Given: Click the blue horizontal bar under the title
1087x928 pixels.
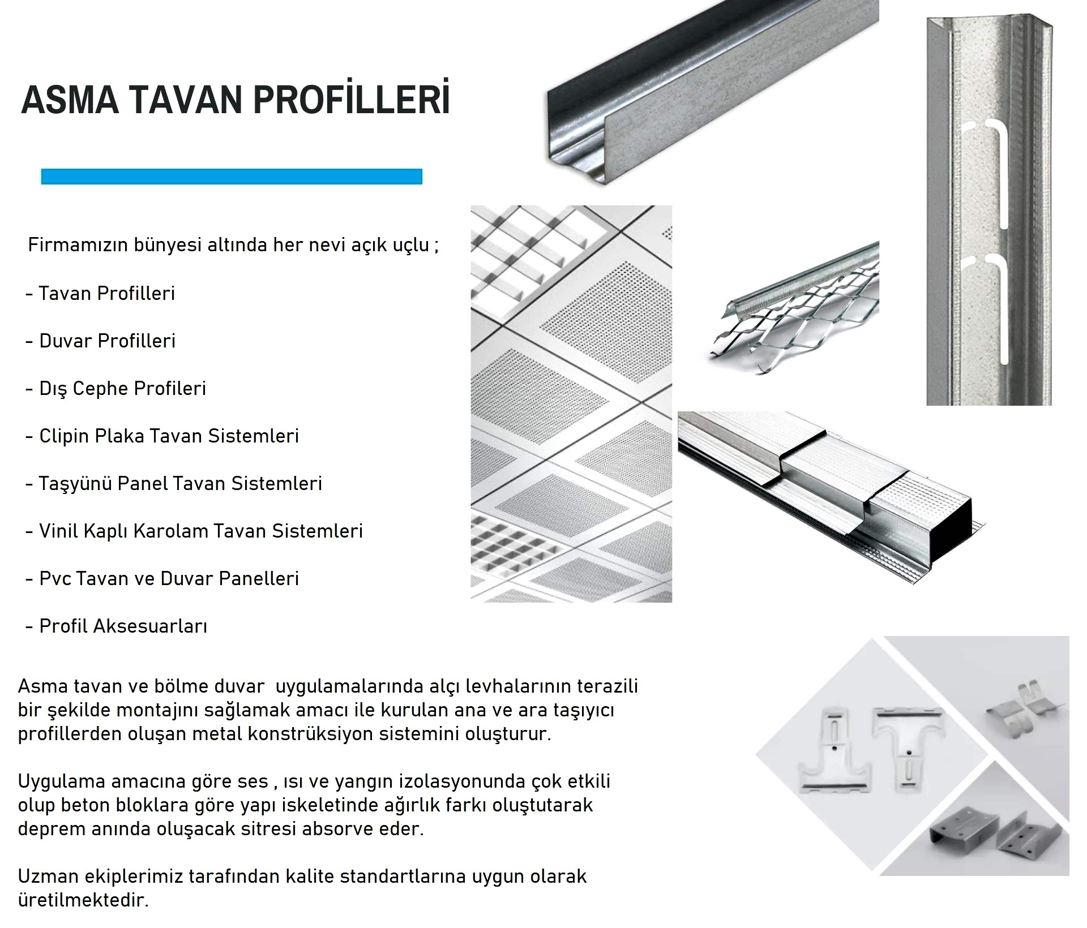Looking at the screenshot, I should click(232, 177).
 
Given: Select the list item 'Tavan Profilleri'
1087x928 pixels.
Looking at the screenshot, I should click(106, 293).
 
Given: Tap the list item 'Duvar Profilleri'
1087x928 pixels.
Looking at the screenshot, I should click(107, 341).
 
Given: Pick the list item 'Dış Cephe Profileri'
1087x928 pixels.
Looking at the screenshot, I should click(122, 388).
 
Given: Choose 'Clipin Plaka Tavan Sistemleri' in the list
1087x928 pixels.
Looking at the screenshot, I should click(169, 436).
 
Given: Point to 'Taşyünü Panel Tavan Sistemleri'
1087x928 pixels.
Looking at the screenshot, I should click(180, 483).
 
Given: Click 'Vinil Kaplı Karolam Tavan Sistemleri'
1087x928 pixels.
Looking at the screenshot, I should click(200, 531).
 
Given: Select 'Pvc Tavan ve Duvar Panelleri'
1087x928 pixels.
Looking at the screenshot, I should click(169, 578).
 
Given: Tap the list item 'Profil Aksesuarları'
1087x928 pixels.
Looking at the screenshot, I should click(123, 626).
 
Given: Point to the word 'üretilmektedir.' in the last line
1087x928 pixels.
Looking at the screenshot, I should click(83, 900).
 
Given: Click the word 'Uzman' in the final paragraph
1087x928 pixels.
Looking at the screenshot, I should click(48, 876).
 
